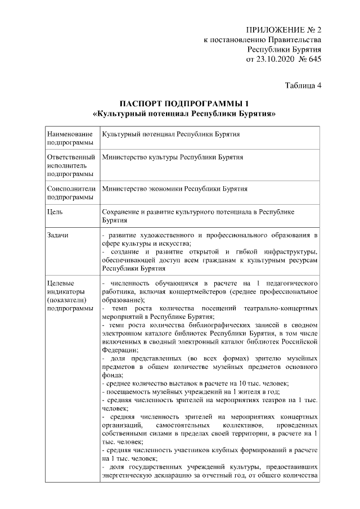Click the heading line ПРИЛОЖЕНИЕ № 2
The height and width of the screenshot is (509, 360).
click(283, 29)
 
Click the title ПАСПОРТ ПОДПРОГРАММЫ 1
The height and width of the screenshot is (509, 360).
click(183, 104)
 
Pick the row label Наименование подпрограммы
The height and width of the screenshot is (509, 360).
click(70, 139)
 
